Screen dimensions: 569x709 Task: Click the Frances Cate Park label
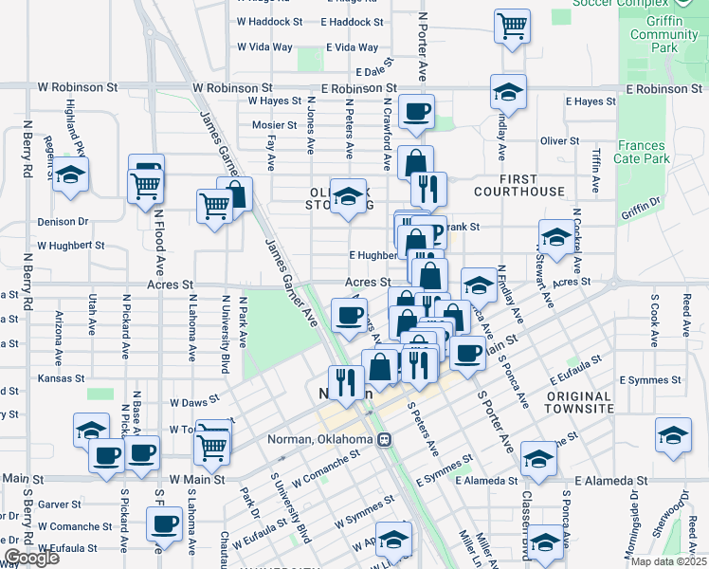coord(640,153)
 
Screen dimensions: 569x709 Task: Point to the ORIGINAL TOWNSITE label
coord(578,402)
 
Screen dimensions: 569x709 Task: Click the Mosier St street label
coord(274,125)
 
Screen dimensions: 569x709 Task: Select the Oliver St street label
coord(559,140)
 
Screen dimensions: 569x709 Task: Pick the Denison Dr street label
coord(63,222)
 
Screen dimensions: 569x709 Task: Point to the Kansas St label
coord(54,377)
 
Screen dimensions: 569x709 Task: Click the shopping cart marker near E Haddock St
coord(512,25)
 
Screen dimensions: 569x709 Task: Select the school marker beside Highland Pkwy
coord(70,174)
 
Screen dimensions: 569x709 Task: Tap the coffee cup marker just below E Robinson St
coord(416,111)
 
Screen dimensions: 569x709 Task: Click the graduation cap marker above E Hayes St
coord(508,91)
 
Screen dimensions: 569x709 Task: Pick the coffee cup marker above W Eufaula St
coord(164,523)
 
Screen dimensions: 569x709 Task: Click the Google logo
coord(32,558)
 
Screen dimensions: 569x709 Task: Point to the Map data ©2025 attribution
coord(667,561)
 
